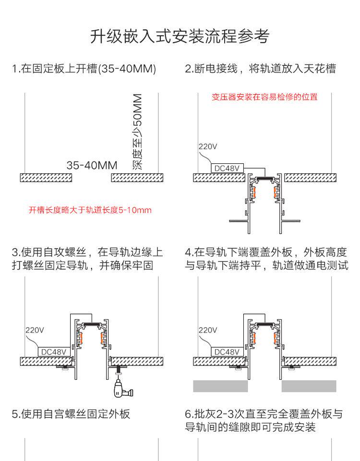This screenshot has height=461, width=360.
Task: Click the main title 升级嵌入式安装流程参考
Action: coord(180,36)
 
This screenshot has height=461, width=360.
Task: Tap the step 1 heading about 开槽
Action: coord(84,69)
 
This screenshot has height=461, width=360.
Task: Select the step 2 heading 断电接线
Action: coord(260,69)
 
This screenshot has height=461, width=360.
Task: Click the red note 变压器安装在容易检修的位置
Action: coord(265,97)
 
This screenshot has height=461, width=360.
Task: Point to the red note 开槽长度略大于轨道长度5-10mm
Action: coord(90,210)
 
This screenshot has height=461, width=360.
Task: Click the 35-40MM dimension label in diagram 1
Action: coord(92,166)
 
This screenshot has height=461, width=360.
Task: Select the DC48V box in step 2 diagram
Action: coord(228,168)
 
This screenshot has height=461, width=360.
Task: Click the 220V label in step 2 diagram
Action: coord(208,146)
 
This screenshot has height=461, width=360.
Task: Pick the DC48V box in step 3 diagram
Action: coord(54,352)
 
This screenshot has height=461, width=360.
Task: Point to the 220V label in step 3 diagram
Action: coord(35,330)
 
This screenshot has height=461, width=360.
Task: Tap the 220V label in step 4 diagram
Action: coord(208,330)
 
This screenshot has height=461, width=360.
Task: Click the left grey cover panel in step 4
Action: coord(220,386)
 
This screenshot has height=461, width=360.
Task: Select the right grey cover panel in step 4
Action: coord(309,386)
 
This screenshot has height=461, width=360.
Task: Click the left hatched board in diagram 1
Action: coord(46,178)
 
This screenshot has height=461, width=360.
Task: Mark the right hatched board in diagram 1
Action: coord(135,178)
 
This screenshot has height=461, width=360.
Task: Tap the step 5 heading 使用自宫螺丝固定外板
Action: coord(71,414)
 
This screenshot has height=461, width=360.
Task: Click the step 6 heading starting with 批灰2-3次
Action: coord(264,420)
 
